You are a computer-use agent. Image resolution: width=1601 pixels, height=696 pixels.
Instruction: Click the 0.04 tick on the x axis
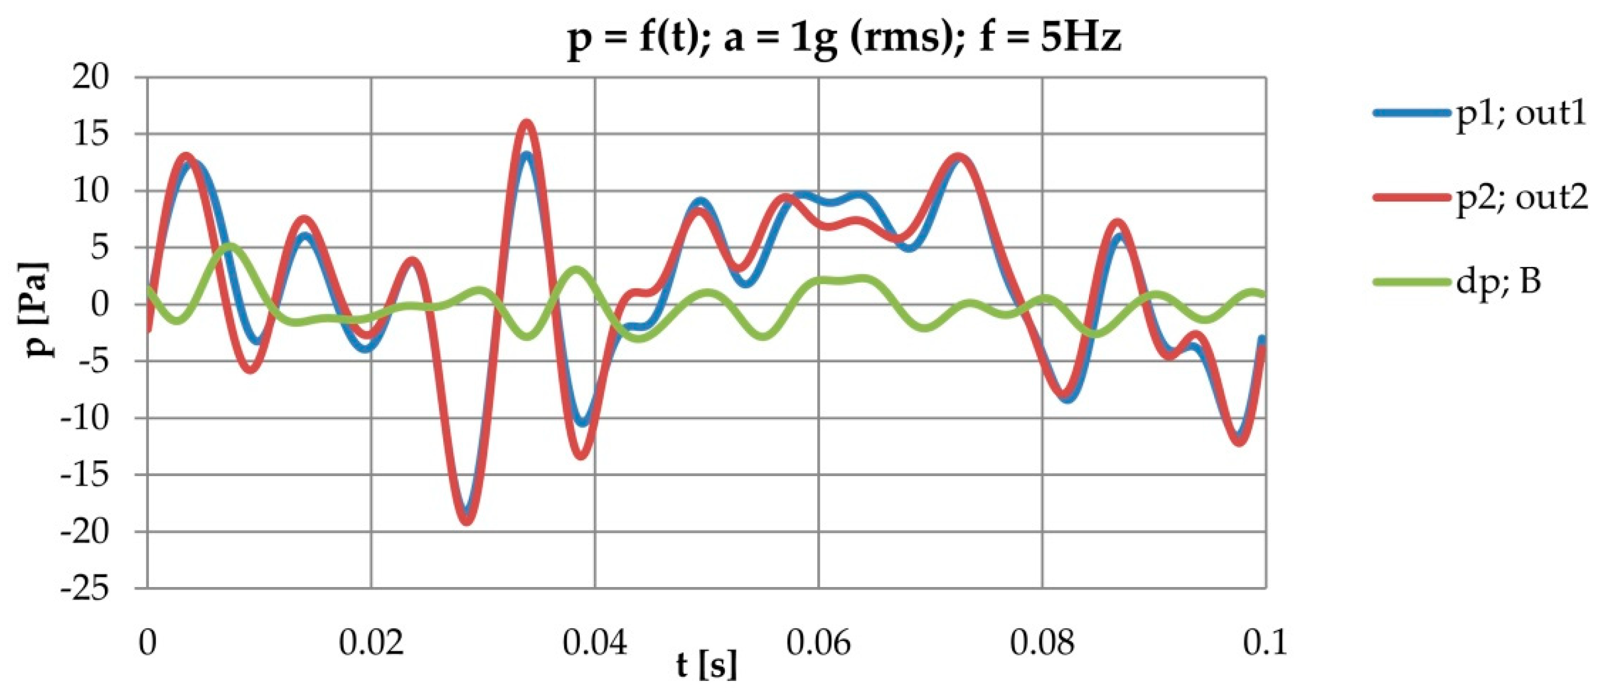595,643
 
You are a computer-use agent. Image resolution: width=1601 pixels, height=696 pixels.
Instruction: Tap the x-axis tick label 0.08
1042,643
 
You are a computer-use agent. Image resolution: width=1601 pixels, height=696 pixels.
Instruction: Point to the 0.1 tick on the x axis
1265,643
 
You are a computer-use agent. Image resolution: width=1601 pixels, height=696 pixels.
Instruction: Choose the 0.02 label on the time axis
371,643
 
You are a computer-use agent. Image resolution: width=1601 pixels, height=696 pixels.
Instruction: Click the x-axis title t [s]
707,666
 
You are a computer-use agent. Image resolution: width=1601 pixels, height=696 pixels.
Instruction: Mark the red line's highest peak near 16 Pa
527,123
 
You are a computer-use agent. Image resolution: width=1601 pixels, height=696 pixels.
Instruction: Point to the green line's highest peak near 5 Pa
231,246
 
